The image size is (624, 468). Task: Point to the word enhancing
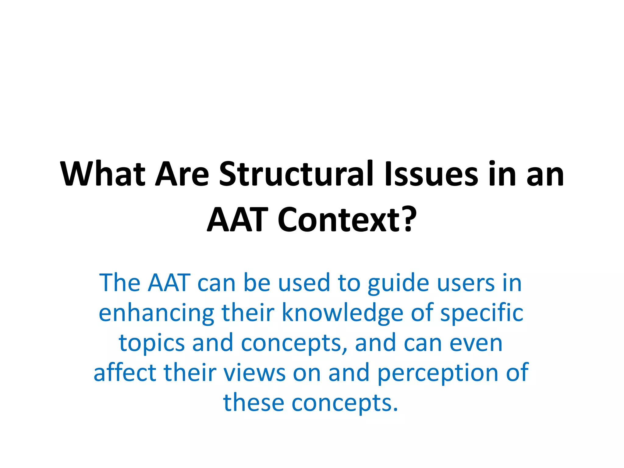pos(157,313)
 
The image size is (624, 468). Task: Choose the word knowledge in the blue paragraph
pos(342,313)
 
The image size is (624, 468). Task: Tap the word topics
pos(152,343)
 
